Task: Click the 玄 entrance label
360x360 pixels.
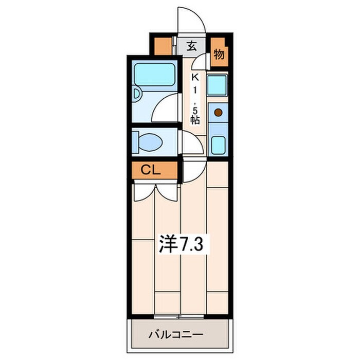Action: pyautogui.click(x=191, y=45)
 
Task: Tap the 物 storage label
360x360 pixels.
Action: pyautogui.click(x=219, y=54)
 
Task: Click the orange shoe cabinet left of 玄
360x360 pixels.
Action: pyautogui.click(x=165, y=46)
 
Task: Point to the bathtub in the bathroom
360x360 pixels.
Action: pyautogui.click(x=155, y=74)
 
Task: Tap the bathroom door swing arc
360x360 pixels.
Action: pyautogui.click(x=166, y=108)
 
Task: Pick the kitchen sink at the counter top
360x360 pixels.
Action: pyautogui.click(x=218, y=85)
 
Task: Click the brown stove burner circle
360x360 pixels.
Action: pyautogui.click(x=218, y=112)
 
